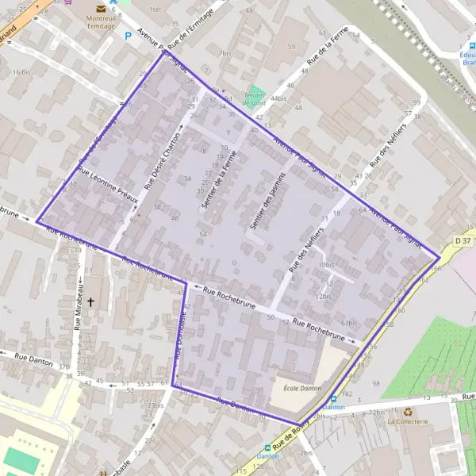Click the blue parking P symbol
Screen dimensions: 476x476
128,36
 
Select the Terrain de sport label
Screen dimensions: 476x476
254,99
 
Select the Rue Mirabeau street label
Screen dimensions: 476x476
79,305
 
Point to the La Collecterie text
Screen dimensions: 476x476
408,421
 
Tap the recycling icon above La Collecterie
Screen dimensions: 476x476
408,412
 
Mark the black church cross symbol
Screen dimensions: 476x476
90,302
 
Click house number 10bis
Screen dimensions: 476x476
324,264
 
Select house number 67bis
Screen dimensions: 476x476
349,324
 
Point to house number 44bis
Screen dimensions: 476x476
278,98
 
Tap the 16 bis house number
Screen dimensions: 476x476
21,72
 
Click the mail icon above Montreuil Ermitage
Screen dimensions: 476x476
101,8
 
